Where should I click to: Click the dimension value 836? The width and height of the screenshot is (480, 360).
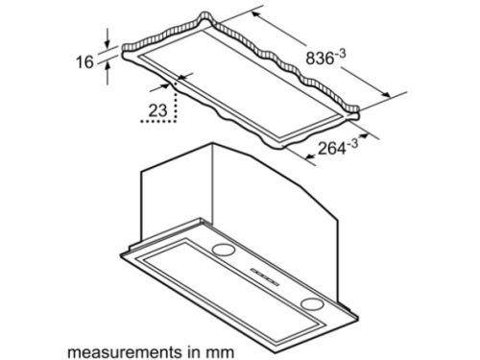320,59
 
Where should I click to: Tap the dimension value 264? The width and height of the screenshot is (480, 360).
332,149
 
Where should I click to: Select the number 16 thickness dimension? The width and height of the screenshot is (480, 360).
84,61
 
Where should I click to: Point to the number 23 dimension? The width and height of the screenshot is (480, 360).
158,110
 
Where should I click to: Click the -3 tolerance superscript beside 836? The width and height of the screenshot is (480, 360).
340,54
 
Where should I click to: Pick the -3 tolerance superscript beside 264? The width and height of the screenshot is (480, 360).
352,143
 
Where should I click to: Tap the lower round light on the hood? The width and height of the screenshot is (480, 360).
312,303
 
